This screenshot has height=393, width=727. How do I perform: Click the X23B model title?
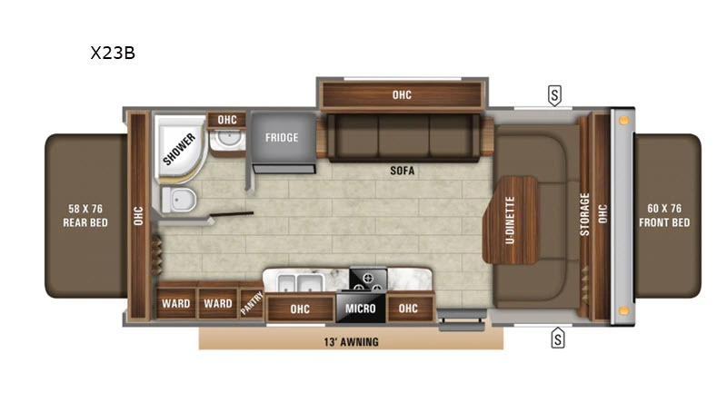pyautogui.click(x=113, y=53)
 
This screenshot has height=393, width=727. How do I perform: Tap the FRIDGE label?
pyautogui.click(x=283, y=138)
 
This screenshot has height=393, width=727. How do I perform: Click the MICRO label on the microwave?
pyautogui.click(x=360, y=309)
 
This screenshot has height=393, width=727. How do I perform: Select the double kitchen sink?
pyautogui.click(x=294, y=281)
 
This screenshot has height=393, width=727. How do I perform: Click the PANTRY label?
pyautogui.click(x=251, y=305)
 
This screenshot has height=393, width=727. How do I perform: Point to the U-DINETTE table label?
pyautogui.click(x=511, y=221)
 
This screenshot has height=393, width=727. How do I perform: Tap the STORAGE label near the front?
pyautogui.click(x=585, y=214)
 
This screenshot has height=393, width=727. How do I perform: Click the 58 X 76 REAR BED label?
pyautogui.click(x=86, y=216)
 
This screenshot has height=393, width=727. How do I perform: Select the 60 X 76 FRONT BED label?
pyautogui.click(x=664, y=216)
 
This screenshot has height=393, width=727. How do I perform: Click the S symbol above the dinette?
pyautogui.click(x=553, y=94)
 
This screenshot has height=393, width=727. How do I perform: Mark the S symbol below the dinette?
pyautogui.click(x=557, y=340)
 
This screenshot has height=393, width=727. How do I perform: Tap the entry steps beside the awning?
pyautogui.click(x=461, y=319)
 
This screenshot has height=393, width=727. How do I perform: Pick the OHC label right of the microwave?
pyautogui.click(x=408, y=309)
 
